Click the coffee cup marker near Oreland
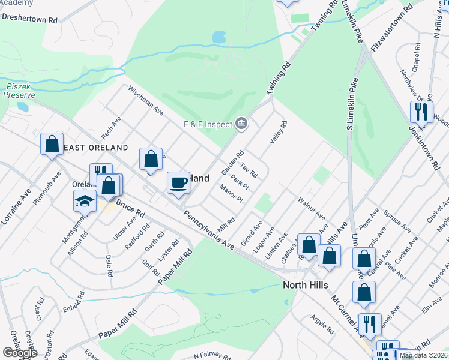[x=178, y=182]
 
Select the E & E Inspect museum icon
[x=241, y=124]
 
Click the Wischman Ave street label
[x=145, y=100]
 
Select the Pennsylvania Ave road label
[x=208, y=230]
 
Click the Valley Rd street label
[x=279, y=131]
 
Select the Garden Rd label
[x=232, y=162]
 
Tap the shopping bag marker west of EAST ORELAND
[x=52, y=144]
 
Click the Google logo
[x=19, y=353]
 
